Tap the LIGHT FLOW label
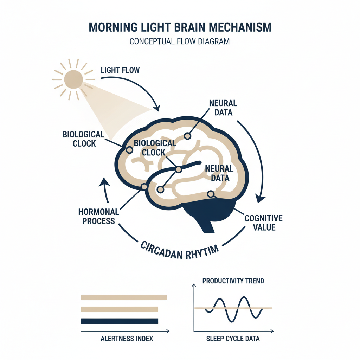click(120, 70)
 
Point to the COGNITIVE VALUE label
click(263, 223)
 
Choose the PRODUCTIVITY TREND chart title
click(233, 281)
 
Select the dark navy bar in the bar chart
click(119, 321)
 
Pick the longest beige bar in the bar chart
click(123, 297)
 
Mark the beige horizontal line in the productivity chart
click(267, 308)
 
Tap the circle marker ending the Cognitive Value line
click(211, 193)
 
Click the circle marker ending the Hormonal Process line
click(144, 187)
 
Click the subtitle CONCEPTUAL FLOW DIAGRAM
click(179, 41)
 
